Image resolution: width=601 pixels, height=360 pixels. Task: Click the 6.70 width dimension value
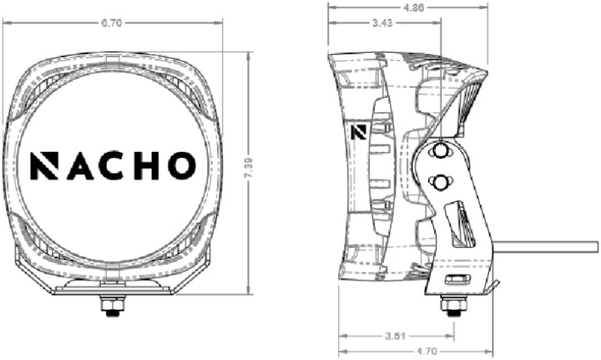(x=111, y=23)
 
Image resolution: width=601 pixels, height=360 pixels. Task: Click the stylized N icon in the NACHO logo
(x=45, y=165)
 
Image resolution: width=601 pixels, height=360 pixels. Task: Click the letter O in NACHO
(x=180, y=165)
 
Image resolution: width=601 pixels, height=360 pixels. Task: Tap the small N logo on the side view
(x=360, y=131)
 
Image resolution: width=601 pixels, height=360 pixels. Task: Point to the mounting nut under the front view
(x=109, y=307)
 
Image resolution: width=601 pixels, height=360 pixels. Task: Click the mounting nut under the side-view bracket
(x=453, y=307)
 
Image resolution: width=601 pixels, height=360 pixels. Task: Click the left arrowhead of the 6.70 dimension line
(x=8, y=23)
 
